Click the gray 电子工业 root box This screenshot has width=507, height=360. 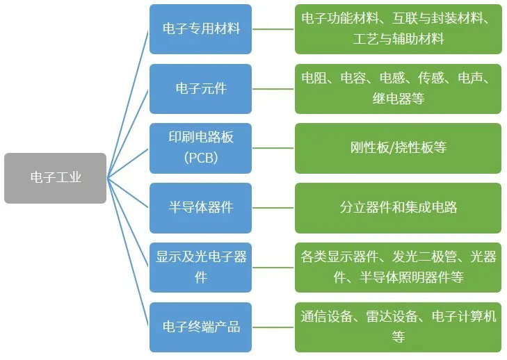[x=55, y=178]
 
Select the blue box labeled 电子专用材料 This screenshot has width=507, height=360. [x=200, y=29]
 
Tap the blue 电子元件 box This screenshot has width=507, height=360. [x=200, y=88]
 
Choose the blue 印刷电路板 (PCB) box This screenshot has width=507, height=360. [x=200, y=147]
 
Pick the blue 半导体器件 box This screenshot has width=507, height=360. [x=200, y=207]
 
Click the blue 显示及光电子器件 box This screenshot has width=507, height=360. [x=200, y=267]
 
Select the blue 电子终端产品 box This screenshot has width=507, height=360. [x=200, y=326]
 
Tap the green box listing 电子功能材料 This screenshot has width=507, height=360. [x=398, y=29]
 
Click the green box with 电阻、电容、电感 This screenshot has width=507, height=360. [x=398, y=88]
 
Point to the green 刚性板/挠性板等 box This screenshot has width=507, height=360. [x=398, y=147]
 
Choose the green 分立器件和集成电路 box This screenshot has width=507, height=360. [x=398, y=207]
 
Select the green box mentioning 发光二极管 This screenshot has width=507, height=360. [x=398, y=267]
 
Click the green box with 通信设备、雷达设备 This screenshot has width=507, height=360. [x=398, y=326]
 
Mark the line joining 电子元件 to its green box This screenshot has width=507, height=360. [x=273, y=88]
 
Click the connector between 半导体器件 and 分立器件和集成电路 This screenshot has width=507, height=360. [x=273, y=207]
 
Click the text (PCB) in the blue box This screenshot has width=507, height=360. [x=201, y=158]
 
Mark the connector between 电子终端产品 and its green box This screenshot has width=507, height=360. [x=273, y=326]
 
